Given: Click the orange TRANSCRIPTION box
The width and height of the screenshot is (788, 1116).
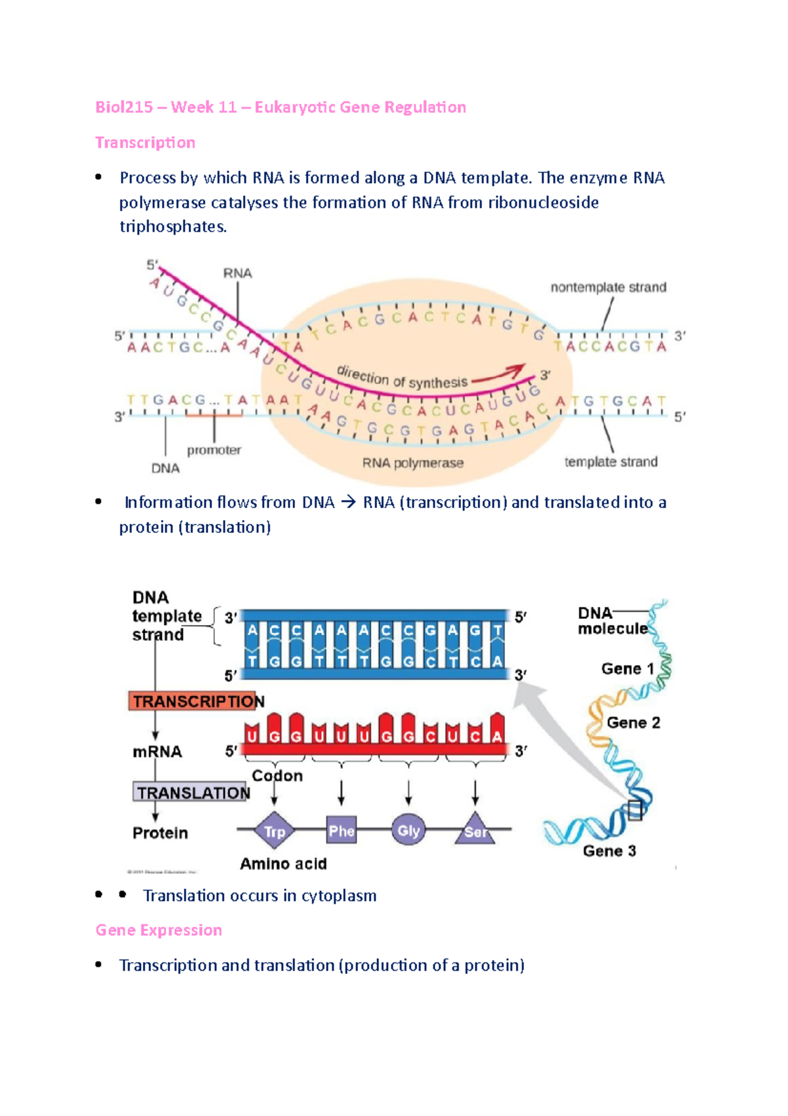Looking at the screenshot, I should click(x=196, y=701).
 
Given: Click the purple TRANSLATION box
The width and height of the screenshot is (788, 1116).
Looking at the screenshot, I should click(x=192, y=793).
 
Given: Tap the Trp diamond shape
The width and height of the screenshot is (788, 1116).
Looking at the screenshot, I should click(x=274, y=831).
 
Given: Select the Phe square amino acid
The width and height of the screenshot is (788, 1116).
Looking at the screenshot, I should click(x=341, y=831).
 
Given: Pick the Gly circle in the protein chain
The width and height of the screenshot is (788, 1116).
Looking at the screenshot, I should click(x=408, y=831).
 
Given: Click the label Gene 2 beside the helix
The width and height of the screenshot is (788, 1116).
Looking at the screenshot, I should click(x=633, y=723).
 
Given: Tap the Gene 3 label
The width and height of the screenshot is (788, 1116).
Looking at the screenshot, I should click(x=609, y=851).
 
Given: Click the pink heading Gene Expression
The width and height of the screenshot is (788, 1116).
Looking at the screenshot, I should click(x=159, y=930).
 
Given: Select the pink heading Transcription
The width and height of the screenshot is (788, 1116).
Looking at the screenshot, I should click(x=145, y=143).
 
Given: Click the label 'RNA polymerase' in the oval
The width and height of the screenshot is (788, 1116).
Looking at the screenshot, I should click(x=413, y=463).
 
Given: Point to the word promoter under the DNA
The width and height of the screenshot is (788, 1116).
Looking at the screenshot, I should click(x=214, y=450).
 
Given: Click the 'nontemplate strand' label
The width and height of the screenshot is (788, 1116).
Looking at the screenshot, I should click(x=608, y=287).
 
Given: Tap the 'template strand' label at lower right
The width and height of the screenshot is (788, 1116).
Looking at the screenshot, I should click(x=611, y=462).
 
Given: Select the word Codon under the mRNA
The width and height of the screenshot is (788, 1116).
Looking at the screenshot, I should click(x=277, y=776).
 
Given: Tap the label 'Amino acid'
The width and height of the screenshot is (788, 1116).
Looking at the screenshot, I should click(x=283, y=864).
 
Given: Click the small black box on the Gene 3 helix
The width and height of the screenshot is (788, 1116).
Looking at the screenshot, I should click(x=634, y=810).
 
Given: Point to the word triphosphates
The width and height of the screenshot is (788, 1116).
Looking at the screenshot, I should click(x=173, y=227).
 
